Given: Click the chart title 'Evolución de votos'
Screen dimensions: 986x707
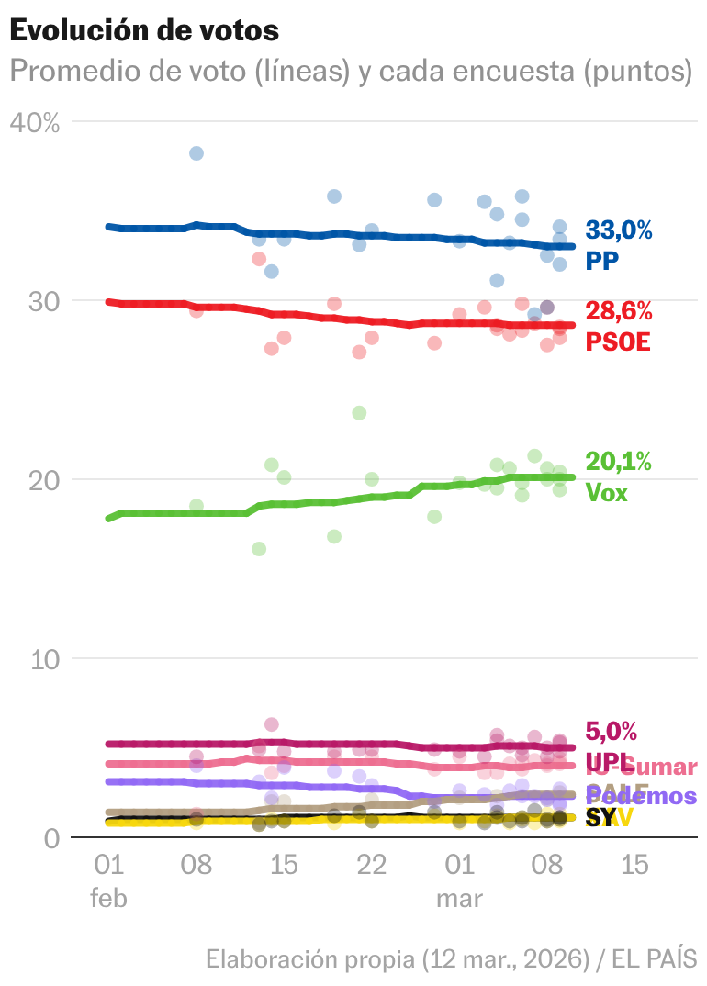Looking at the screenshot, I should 144,29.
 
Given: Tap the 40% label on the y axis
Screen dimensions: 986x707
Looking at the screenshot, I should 35,122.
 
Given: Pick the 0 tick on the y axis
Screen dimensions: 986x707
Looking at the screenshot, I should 51,837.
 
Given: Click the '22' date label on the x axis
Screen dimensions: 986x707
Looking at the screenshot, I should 371,865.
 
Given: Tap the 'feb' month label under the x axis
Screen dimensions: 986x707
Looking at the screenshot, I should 108,898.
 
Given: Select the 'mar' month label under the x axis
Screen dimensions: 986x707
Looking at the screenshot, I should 459,898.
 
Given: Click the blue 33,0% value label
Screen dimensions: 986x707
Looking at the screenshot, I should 619,230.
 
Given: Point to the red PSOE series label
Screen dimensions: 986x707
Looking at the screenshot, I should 617,342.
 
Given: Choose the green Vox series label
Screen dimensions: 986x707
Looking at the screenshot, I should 606,492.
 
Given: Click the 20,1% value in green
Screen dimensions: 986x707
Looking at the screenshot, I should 619,462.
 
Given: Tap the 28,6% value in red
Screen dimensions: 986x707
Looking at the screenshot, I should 619,310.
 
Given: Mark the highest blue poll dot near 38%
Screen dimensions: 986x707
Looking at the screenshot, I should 196,153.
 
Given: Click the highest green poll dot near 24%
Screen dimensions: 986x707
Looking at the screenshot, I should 359,413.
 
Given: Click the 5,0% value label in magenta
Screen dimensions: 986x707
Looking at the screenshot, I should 611,732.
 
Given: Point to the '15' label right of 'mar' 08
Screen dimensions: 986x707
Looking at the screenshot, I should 634,865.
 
